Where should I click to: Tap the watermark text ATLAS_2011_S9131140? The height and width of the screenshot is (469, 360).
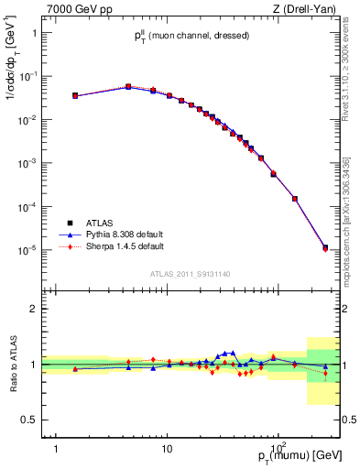[x=191, y=273]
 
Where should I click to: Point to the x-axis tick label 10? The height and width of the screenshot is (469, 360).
[x=167, y=438]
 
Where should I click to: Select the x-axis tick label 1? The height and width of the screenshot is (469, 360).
[x=56, y=438]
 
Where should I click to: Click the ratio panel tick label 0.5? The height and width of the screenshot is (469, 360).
[x=30, y=420]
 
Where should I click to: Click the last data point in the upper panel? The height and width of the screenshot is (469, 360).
[x=325, y=247]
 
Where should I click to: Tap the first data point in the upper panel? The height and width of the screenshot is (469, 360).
[x=75, y=95]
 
